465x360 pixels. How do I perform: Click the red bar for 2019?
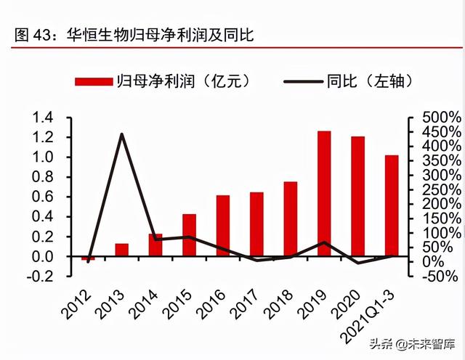pyautogui.click(x=324, y=194)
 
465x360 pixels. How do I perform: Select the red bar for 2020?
pyautogui.click(x=358, y=196)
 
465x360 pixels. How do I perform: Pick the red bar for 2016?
pyautogui.click(x=223, y=226)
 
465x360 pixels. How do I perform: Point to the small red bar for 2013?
pyautogui.click(x=121, y=250)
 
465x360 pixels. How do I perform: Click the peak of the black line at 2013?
pyautogui.click(x=121, y=134)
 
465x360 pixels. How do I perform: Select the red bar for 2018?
pyautogui.click(x=291, y=218)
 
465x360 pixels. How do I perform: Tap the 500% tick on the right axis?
pyautogui.click(x=439, y=118)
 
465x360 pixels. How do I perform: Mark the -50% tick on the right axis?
pyautogui.click(x=439, y=277)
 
